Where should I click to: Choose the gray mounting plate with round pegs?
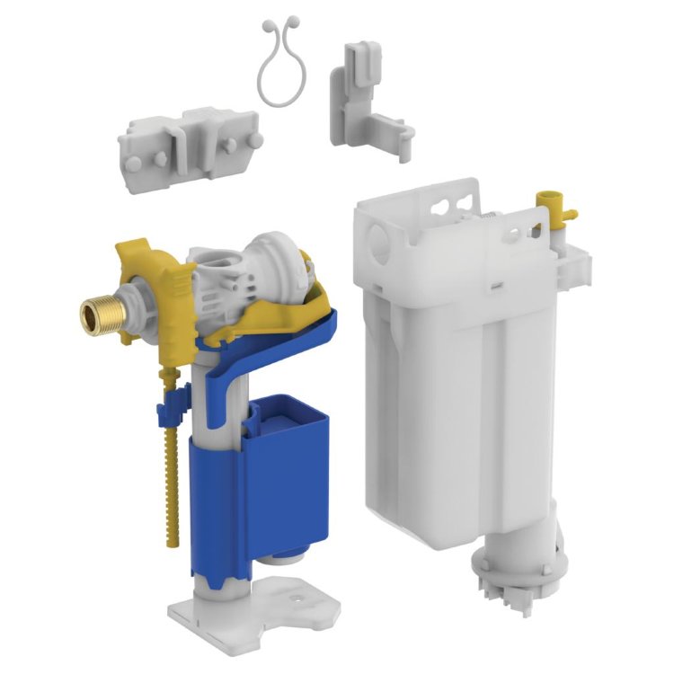189,144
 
